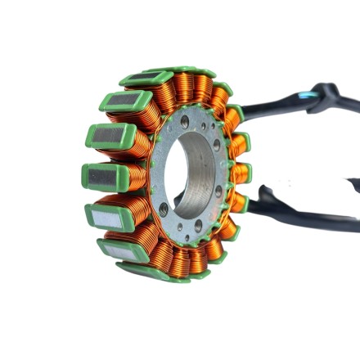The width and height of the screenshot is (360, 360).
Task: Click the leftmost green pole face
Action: [103, 176]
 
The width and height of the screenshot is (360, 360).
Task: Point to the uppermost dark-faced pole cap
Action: [146, 78]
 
